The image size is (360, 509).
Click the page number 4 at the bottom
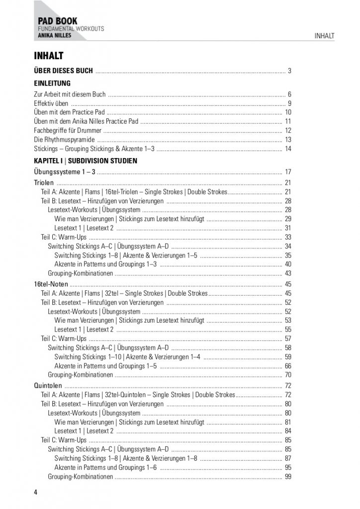coord(36,492)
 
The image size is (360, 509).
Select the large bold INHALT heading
coord(48,56)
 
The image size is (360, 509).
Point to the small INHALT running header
coord(324,36)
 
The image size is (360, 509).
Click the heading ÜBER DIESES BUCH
coord(63,71)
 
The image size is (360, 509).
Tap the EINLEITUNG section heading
coord(52,83)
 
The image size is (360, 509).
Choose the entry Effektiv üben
coord(51,103)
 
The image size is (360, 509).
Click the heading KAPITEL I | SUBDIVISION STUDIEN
coord(86,161)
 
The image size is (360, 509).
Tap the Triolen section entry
coord(44,182)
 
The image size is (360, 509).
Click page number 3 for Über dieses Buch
coord(289,71)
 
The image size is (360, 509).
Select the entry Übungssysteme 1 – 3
coord(65,172)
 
